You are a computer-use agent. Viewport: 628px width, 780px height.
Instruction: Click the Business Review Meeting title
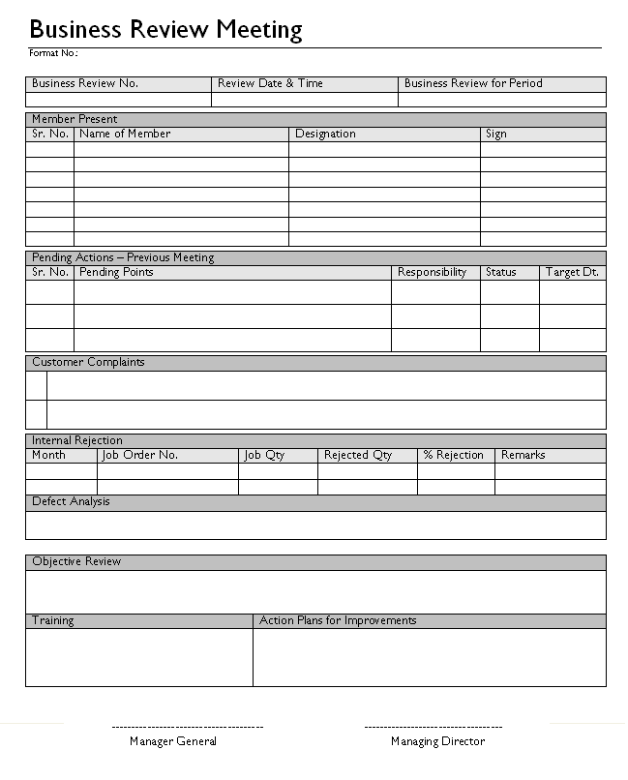click(x=165, y=30)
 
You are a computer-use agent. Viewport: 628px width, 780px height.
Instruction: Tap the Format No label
click(x=53, y=52)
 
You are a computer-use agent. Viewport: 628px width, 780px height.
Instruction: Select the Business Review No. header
click(x=85, y=83)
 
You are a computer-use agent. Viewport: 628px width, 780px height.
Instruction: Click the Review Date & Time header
click(x=270, y=83)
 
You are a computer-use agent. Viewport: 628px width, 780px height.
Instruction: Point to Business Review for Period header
click(x=473, y=83)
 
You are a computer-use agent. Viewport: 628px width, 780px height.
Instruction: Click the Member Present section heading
click(x=75, y=119)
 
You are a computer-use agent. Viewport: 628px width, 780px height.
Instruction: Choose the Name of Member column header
click(x=125, y=134)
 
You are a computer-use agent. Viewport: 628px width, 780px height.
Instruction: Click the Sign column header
click(x=496, y=134)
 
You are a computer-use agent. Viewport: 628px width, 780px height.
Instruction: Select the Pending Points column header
click(x=116, y=272)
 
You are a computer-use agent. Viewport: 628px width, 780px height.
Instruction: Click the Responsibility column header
click(x=433, y=272)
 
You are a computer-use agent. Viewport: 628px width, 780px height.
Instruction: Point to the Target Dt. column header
click(x=572, y=272)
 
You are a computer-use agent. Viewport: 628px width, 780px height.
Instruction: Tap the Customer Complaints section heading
click(x=88, y=362)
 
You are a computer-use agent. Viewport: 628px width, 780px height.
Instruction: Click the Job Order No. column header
click(x=140, y=455)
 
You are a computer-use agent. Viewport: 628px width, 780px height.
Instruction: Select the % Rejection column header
click(x=453, y=455)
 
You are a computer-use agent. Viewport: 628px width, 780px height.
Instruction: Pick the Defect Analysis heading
click(x=71, y=501)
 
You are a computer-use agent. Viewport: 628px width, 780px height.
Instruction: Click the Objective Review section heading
click(x=76, y=561)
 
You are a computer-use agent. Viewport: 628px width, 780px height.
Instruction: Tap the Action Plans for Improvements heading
click(x=338, y=620)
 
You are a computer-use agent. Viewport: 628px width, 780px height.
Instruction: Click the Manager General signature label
click(x=173, y=741)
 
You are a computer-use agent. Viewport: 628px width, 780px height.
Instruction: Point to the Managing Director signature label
click(x=437, y=741)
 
